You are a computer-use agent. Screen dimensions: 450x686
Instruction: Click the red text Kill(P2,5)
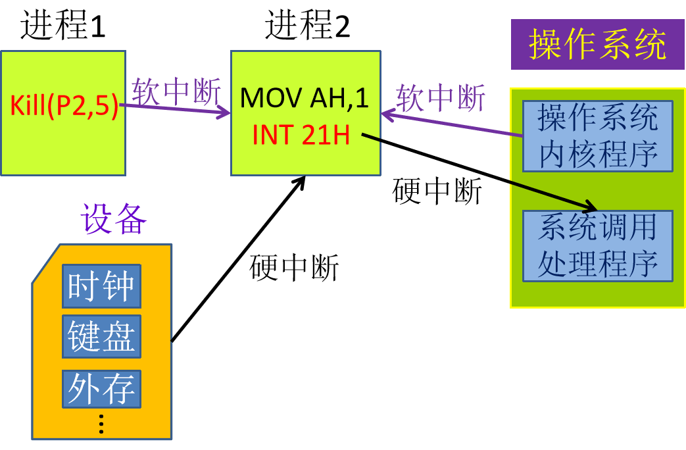click(64, 106)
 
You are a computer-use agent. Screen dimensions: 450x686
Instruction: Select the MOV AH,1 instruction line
click(305, 98)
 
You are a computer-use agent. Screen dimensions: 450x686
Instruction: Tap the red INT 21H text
click(301, 135)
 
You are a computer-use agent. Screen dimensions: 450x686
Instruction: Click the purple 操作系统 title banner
click(597, 45)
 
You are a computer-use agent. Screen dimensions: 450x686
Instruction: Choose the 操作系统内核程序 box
click(597, 136)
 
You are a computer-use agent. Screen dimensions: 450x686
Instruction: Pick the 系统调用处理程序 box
click(597, 245)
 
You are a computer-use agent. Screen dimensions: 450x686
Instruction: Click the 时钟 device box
click(101, 286)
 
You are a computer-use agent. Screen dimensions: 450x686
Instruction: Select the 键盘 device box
click(101, 336)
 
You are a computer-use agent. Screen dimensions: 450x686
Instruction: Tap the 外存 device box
click(101, 388)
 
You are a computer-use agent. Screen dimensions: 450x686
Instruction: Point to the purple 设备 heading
click(113, 219)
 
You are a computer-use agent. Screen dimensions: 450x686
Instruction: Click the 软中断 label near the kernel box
click(440, 98)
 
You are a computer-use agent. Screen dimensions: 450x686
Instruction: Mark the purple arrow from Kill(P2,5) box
click(178, 109)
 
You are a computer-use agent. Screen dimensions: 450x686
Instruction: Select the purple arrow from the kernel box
click(454, 125)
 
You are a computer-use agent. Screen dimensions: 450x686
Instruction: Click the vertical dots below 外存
click(101, 424)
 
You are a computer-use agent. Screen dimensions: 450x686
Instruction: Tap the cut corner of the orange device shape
click(46, 263)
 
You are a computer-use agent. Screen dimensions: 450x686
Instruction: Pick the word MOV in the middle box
click(265, 98)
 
